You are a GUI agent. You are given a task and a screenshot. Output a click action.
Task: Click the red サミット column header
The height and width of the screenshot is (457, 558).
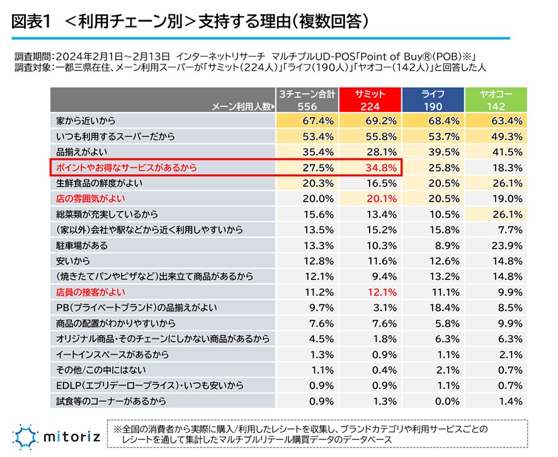click(370, 100)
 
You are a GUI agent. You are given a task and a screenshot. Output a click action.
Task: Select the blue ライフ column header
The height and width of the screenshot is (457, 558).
click(433, 100)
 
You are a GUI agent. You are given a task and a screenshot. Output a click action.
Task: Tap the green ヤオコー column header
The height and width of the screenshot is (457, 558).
click(495, 100)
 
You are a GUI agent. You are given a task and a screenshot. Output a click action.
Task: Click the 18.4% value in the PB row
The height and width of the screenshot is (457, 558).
click(444, 307)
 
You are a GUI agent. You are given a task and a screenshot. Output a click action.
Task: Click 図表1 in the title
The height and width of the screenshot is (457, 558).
click(32, 21)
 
